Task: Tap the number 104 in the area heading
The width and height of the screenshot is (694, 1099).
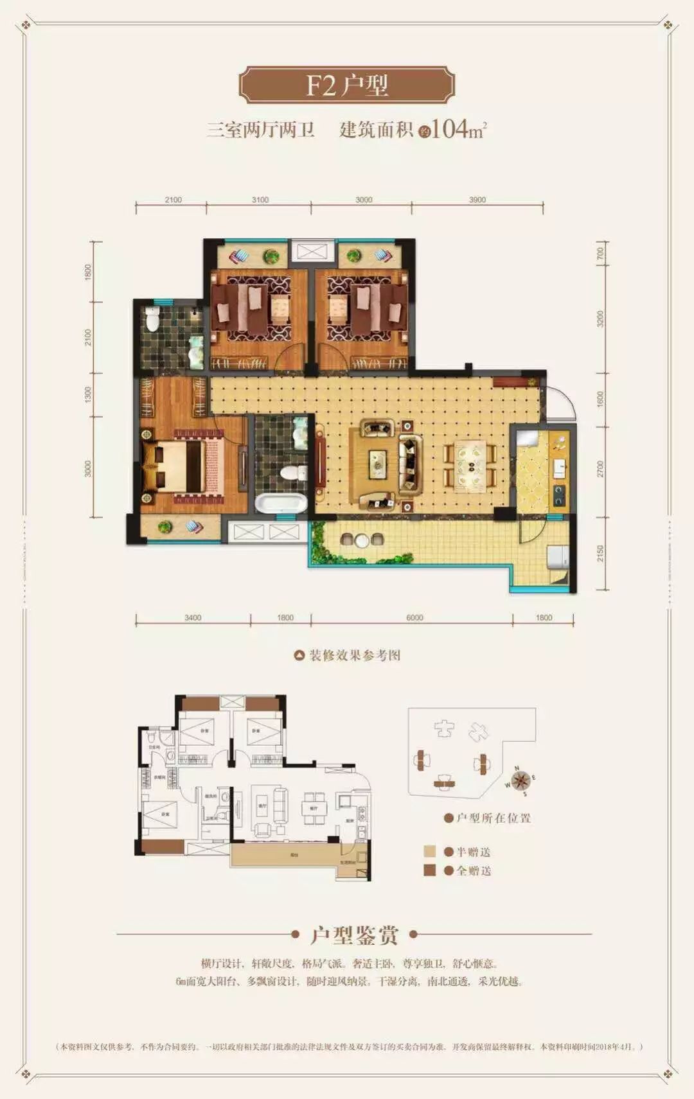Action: [449, 129]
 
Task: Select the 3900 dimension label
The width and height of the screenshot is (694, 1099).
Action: [477, 200]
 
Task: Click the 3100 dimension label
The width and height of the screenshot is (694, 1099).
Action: [260, 200]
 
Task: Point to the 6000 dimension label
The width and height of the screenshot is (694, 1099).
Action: [414, 618]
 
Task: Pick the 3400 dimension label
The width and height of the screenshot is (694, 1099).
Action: [193, 618]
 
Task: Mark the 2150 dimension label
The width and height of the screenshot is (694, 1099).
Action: [601, 554]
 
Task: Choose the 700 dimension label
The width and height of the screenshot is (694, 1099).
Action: [601, 254]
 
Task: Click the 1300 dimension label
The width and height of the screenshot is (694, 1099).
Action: [89, 394]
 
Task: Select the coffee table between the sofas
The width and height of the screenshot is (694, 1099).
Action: [377, 461]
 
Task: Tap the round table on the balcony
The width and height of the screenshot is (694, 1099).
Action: [362, 541]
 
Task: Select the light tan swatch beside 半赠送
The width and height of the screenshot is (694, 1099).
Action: [430, 852]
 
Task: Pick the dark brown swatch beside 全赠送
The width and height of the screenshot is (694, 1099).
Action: [430, 870]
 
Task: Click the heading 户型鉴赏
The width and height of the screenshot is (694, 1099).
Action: [354, 935]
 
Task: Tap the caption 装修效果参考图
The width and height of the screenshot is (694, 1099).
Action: [355, 655]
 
